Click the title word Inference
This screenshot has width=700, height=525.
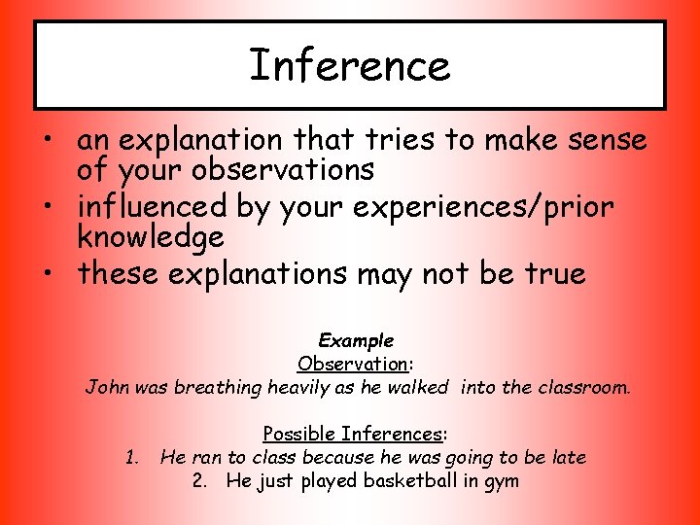pos(350,66)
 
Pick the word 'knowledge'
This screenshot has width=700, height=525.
pos(151,236)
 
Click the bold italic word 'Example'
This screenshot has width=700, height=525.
pos(356,341)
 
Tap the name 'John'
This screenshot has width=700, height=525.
pos(106,388)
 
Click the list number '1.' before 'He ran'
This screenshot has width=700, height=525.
pos(133,458)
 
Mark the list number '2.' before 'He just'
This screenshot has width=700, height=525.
pos(201,481)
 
